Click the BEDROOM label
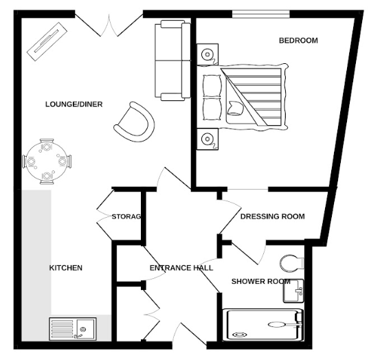tap(298, 41)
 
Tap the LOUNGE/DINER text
tap(74, 104)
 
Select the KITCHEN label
tap(66, 268)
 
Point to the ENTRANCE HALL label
tap(181, 268)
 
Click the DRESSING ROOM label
tap(273, 216)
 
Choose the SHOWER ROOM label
tap(260, 282)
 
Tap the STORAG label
tap(126, 216)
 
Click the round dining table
tap(46, 161)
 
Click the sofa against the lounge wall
tap(172, 60)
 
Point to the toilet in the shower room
tap(292, 263)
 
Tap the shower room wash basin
tap(293, 291)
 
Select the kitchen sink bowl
tap(85, 329)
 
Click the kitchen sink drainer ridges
tap(62, 328)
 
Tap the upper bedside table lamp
tap(208, 54)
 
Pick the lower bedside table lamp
tap(208, 139)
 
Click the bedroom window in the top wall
tap(261, 14)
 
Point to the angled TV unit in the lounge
tap(47, 41)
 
